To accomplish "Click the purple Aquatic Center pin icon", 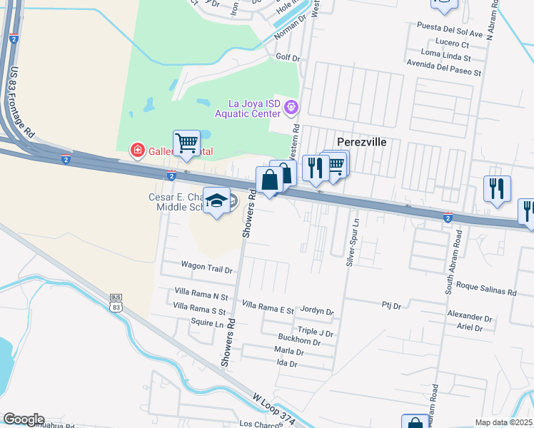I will click(x=291, y=108).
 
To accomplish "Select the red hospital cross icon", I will click(x=136, y=151).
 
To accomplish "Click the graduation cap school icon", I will click(x=216, y=200).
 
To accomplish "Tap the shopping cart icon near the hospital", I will click(x=186, y=142).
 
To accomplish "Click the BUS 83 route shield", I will click(x=117, y=302).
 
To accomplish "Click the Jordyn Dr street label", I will click(x=318, y=311).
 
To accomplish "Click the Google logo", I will click(x=24, y=419).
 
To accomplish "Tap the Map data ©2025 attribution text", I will click(x=503, y=422).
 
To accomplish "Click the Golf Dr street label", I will click(x=288, y=57).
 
